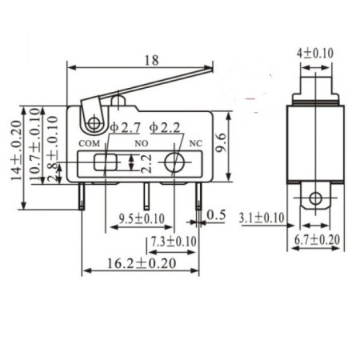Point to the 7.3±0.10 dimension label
(x=172, y=240)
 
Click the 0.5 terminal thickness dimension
(x=216, y=215)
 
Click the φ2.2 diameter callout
(x=165, y=126)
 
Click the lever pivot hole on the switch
(x=94, y=123)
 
